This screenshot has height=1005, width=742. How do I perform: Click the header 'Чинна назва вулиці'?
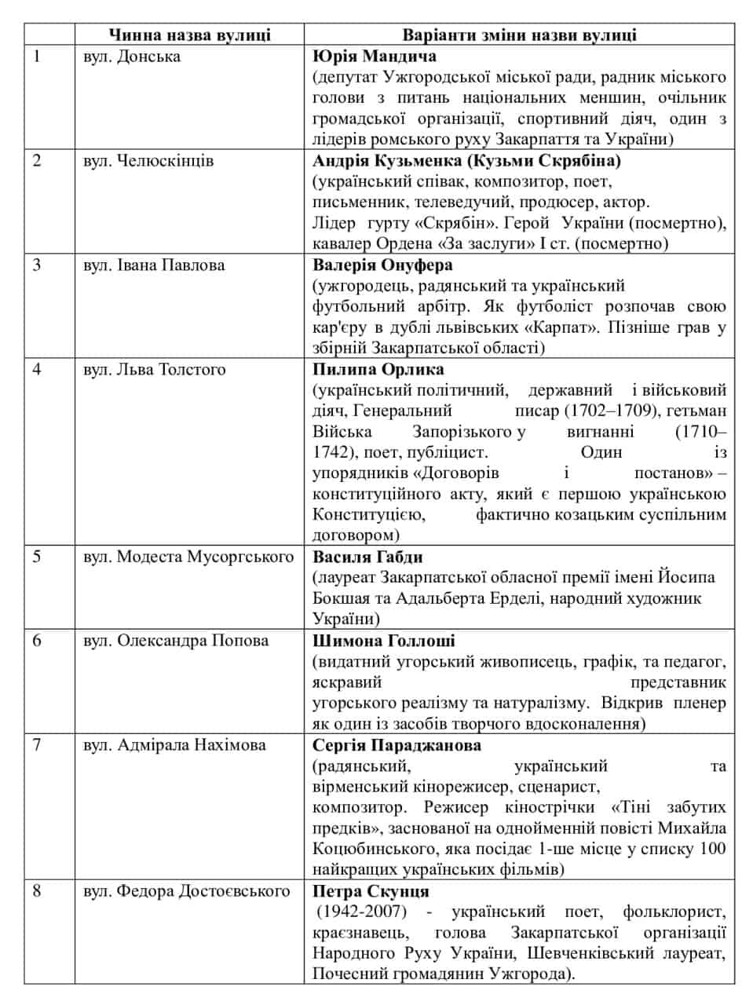pos(189,35)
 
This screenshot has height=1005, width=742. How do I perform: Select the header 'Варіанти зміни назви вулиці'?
pos(519,35)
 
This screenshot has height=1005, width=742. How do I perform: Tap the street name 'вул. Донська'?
pos(131,57)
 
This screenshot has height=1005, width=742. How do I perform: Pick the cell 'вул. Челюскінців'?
pos(148,161)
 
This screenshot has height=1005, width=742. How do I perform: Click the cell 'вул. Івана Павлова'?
pos(154,265)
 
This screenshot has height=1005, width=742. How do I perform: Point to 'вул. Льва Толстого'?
pos(153,368)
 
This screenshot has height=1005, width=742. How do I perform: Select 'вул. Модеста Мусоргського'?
pos(188,557)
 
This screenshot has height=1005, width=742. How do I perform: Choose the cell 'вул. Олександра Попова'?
pos(176,640)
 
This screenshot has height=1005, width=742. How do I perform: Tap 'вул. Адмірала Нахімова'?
pos(174,744)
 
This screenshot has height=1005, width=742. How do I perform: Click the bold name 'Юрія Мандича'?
pos(374,57)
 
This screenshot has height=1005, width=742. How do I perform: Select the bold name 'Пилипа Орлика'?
pos(378,369)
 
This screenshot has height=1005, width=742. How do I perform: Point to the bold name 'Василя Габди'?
pos(367,557)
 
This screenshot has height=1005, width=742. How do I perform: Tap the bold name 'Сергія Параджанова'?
pos(397,744)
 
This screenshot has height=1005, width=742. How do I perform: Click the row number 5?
pos(36,557)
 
